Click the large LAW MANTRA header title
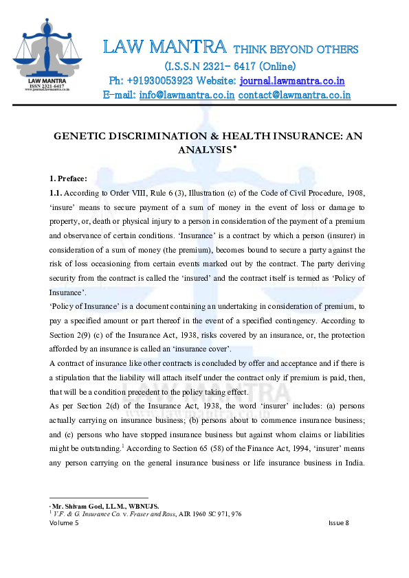coord(164,47)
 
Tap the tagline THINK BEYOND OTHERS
coord(296,49)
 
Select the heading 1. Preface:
coord(68,178)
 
